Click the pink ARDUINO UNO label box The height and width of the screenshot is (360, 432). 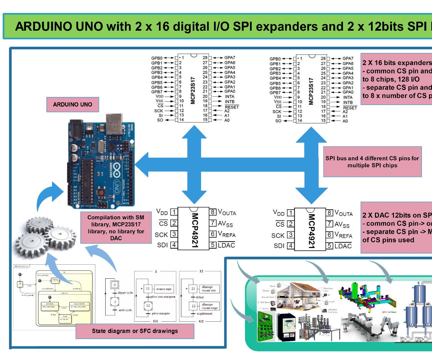click(72, 104)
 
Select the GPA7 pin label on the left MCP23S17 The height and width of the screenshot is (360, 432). click(230, 58)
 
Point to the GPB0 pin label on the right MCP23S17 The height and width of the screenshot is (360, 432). click(275, 59)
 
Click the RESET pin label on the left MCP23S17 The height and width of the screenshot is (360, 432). click(232, 107)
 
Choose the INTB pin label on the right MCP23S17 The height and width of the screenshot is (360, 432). click(348, 102)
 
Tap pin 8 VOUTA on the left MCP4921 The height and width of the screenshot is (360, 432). click(227, 212)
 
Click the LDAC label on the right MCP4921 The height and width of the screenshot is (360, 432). click(343, 246)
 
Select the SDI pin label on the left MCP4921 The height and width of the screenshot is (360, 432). click(162, 245)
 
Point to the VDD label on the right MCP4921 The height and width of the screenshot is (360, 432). click(279, 213)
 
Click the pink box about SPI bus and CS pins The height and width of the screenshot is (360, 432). click(372, 162)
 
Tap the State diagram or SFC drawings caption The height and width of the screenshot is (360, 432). click(135, 331)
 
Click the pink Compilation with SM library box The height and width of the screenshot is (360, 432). click(116, 228)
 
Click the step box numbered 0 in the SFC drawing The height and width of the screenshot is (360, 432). click(115, 285)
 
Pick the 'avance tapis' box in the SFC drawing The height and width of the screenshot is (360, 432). click(164, 289)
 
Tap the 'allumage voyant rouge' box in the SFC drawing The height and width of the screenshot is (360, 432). click(209, 306)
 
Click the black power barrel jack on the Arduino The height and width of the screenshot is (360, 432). click(75, 126)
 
